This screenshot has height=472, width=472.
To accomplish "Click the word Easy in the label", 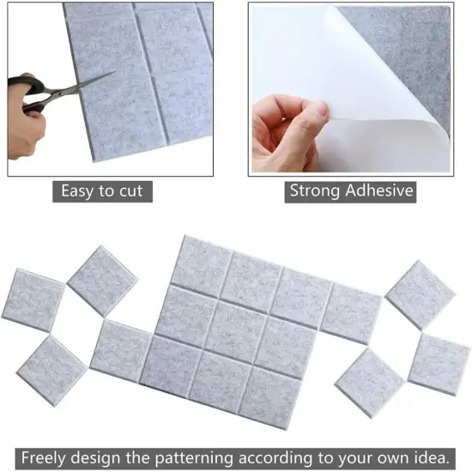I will coord(80,191).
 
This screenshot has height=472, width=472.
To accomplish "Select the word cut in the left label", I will coord(130,191).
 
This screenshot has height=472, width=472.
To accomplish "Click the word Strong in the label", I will coord(312,191).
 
